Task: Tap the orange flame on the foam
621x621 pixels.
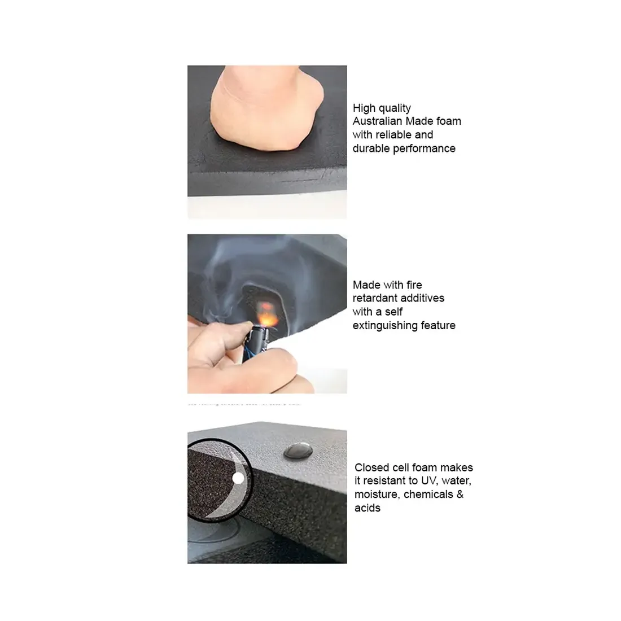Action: point(264,310)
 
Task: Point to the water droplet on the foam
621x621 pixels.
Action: point(299,450)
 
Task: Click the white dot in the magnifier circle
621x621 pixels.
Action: point(238,479)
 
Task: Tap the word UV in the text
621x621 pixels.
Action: point(428,481)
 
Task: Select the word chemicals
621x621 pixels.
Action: point(428,495)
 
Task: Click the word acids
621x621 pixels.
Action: point(367,508)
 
